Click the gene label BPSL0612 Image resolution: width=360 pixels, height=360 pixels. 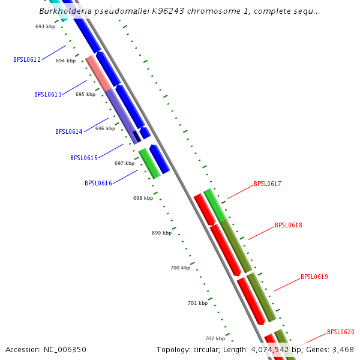pos(27,59)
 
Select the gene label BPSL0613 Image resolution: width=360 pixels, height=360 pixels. pos(48,94)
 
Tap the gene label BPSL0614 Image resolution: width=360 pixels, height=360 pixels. pos(69,131)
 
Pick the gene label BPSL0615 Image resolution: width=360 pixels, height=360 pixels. pos(84,158)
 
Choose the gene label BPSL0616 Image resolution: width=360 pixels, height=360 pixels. pos(98,183)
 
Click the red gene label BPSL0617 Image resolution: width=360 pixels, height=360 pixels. pos(268,184)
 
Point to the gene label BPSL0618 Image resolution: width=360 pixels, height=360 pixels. pos(289,226)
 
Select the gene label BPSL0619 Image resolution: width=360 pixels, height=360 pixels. pos(314,277)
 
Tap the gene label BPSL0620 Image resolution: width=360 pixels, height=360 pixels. pos(341,332)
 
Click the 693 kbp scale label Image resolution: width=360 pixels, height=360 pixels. pos(45,26)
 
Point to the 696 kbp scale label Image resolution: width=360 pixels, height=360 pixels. pos(105,128)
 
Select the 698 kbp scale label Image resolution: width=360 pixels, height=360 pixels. pos(143,198)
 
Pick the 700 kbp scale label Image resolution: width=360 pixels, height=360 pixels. pos(180,268)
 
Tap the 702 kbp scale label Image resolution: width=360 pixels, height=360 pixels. pos(215,338)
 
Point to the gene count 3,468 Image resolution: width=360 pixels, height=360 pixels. pos(341,349)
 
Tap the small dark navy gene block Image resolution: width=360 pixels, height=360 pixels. pos(137,136)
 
